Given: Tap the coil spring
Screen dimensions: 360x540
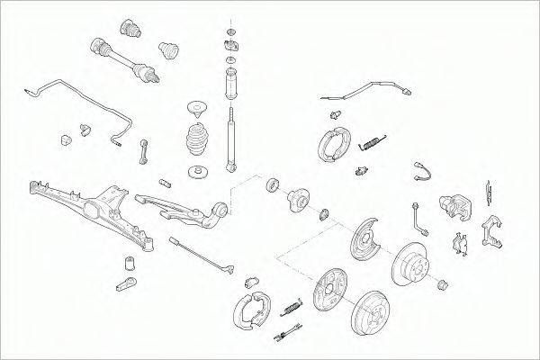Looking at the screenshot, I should click(x=197, y=142).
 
